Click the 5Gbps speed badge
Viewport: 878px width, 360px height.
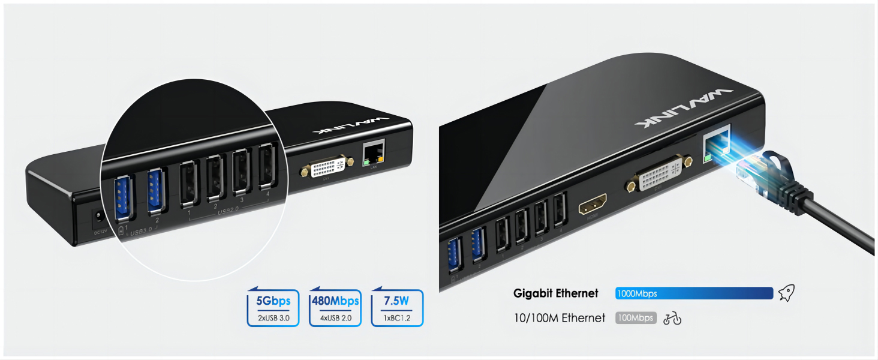pyautogui.click(x=273, y=308)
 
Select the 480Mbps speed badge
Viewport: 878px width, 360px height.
pyautogui.click(x=335, y=308)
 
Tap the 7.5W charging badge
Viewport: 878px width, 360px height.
pyautogui.click(x=397, y=308)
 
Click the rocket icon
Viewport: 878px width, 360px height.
pyautogui.click(x=786, y=293)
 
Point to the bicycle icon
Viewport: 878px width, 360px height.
pyautogui.click(x=672, y=319)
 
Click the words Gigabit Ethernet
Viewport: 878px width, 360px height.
pyautogui.click(x=555, y=293)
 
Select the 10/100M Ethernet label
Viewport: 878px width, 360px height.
pyautogui.click(x=560, y=318)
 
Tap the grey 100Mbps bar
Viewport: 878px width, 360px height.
pyautogui.click(x=636, y=318)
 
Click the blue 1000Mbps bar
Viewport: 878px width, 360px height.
pyautogui.click(x=693, y=293)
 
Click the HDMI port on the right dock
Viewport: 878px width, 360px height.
pyautogui.click(x=593, y=205)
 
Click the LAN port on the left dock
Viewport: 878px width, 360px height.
pyautogui.click(x=374, y=153)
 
